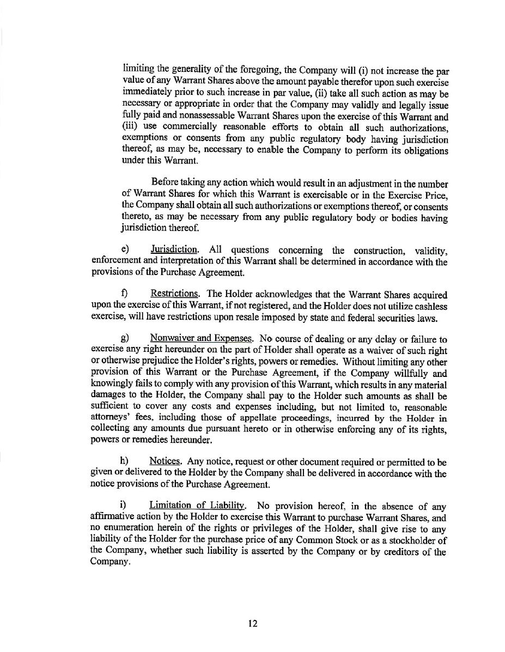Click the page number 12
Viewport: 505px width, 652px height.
(252, 624)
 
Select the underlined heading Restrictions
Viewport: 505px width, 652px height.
(174, 295)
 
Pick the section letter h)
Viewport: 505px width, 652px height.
(124, 462)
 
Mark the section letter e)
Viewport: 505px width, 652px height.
(124, 249)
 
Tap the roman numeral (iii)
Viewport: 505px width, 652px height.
(130, 127)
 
